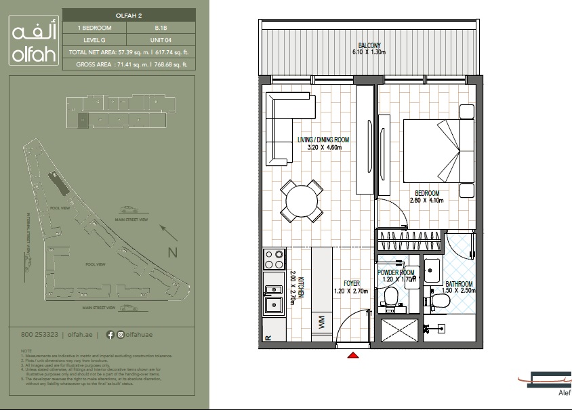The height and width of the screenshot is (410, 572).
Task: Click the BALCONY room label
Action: pyautogui.click(x=369, y=45)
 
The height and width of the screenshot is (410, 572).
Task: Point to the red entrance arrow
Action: pyautogui.click(x=352, y=354)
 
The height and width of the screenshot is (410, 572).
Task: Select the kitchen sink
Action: pyautogui.click(x=273, y=297)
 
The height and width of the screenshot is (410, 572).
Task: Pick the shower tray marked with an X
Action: pyautogui.click(x=399, y=331)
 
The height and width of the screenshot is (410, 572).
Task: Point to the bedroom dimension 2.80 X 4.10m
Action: pyautogui.click(x=426, y=201)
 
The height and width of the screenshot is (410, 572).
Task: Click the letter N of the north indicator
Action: pyautogui.click(x=172, y=253)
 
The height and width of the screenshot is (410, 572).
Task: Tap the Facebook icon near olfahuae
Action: pyautogui.click(x=110, y=334)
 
